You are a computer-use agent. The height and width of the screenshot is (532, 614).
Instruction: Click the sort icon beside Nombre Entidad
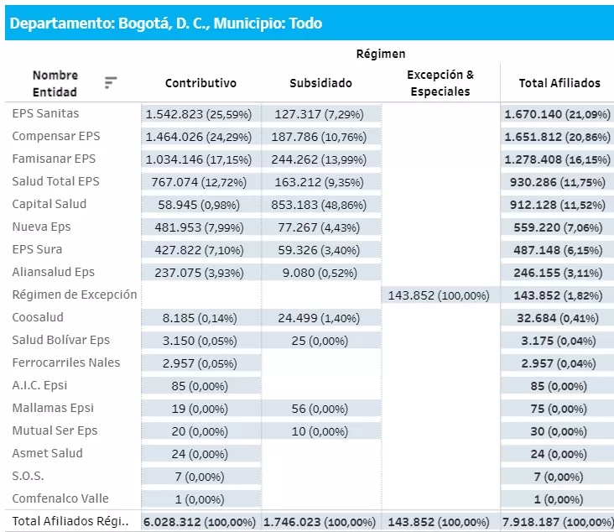tap(111, 82)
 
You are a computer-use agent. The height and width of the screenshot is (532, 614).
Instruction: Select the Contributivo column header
tap(200, 83)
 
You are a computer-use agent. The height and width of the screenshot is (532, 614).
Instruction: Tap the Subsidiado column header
tap(320, 83)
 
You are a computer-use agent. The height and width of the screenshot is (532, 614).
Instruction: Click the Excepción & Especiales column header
tap(440, 83)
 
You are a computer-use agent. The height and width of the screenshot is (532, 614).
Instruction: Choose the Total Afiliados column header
tap(559, 83)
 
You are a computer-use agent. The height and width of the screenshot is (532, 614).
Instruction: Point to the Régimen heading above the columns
tap(380, 54)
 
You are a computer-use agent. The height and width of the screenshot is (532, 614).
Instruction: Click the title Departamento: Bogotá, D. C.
tap(164, 23)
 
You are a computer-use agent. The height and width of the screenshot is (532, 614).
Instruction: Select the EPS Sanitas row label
tap(45, 113)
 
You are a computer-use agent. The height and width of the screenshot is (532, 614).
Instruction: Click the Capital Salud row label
tap(49, 204)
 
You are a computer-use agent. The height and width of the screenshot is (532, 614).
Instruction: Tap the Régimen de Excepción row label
tap(74, 295)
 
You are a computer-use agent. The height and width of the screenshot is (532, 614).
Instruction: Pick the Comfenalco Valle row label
tap(60, 498)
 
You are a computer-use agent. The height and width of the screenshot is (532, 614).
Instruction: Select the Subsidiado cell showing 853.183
tap(320, 205)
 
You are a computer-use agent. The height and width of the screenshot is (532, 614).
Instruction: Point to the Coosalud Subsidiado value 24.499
tap(320, 318)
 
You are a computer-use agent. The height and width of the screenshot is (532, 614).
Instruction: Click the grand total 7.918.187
tap(559, 522)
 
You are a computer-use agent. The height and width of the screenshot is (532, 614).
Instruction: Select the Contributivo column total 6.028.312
tap(200, 522)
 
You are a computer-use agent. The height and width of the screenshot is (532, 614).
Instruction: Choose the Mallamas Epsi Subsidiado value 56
tap(320, 409)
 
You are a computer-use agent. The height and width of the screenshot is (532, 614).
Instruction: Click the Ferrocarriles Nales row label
tap(65, 362)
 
